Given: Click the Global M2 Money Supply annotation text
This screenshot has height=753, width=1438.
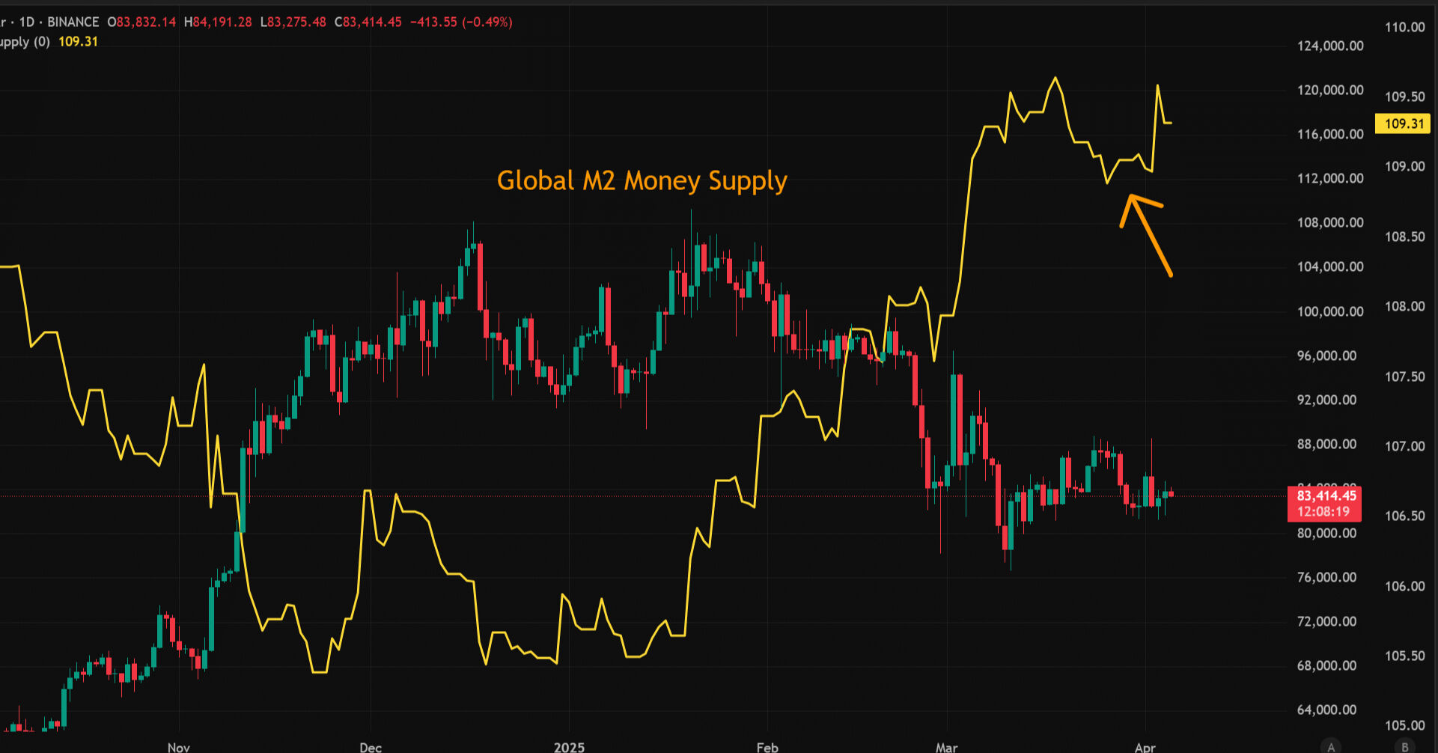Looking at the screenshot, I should click(642, 181).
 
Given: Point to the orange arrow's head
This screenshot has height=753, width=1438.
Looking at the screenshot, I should click(1131, 199).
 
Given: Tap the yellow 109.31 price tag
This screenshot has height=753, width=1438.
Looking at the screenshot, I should click(1403, 124).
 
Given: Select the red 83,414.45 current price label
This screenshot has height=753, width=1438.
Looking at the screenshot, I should click(1326, 496).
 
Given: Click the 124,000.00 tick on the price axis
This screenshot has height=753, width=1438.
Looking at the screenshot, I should click(1330, 46).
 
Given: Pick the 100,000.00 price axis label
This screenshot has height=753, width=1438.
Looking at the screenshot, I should click(1330, 311).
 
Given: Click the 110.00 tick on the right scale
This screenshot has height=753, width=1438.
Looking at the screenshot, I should click(1404, 27).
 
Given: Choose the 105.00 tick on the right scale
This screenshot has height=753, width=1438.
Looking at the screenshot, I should click(1404, 725).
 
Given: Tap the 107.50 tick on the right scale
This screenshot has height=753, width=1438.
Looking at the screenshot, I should click(1404, 376).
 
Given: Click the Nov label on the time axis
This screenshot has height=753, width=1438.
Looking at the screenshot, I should click(179, 747).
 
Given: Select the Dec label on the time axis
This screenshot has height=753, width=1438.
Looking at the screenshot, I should click(371, 747).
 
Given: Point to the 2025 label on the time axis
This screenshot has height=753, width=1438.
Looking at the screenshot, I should click(569, 747).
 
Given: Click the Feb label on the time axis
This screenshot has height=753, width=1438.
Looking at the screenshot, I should click(767, 747).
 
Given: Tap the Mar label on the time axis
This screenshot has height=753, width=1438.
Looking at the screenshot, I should click(946, 747).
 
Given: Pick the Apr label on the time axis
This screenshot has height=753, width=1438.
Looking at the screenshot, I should click(1145, 747).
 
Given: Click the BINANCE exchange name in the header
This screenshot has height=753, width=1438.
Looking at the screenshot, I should click(73, 22).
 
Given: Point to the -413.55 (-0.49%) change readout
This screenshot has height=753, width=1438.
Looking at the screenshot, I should click(461, 22).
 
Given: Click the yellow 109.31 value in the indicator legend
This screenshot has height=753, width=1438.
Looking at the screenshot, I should click(78, 42).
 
